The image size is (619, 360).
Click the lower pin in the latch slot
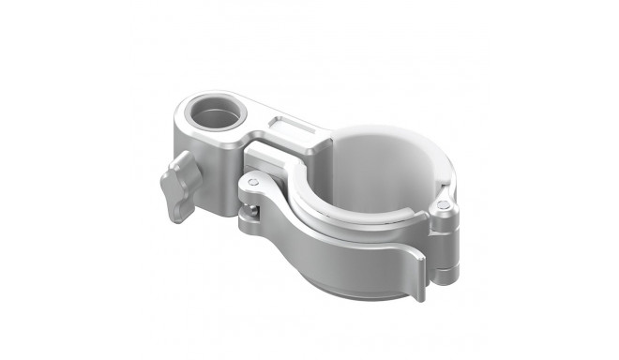246,219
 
